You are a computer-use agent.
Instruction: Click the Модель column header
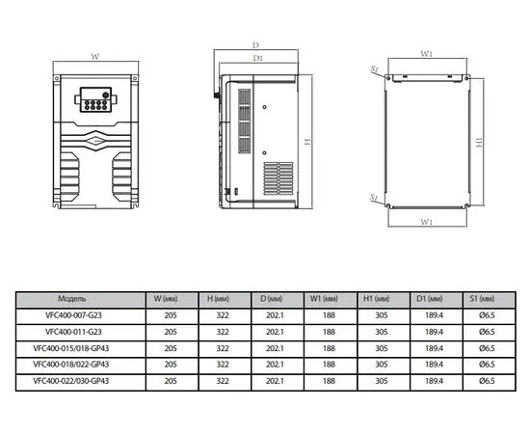point(72,299)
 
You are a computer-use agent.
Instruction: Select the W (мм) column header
point(166,299)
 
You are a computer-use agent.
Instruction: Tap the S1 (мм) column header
point(482,299)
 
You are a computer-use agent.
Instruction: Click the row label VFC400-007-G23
point(73,315)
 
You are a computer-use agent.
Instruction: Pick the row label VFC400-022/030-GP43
point(71,381)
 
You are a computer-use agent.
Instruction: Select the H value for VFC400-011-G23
point(223,332)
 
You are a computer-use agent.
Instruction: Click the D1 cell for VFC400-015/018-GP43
point(434,348)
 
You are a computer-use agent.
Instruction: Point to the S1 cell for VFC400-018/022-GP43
point(487,365)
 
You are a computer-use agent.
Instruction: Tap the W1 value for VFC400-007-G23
point(329,315)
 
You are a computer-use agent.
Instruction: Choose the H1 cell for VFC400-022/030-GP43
point(382,381)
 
